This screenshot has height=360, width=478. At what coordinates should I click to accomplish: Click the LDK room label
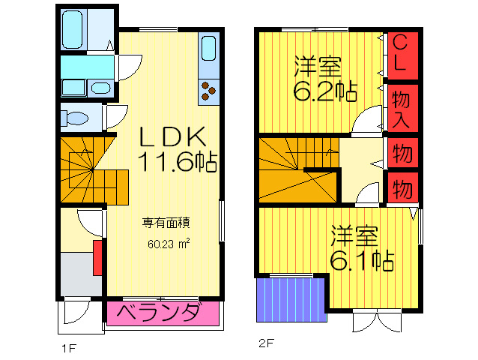170,136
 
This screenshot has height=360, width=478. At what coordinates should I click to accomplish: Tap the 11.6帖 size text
177,162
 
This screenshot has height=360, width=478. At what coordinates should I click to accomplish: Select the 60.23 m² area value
169,243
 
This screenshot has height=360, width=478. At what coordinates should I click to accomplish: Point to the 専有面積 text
166,223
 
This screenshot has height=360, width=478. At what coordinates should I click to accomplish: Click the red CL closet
401,52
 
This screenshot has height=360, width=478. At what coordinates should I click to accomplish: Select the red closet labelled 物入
401,107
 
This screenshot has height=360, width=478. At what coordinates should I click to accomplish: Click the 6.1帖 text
363,259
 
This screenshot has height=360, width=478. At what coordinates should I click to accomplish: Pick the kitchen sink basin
208,50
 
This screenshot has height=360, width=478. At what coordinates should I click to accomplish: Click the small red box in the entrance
97,256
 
